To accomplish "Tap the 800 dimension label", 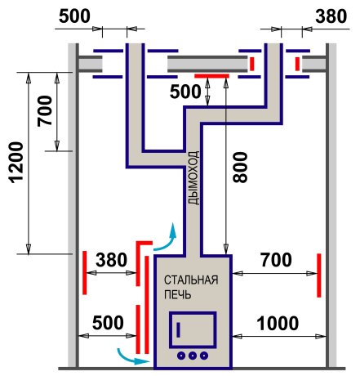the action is pos(241,168).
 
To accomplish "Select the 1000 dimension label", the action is pos(278,324).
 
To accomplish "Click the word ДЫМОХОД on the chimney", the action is pos(193,178).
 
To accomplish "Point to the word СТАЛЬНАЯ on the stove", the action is pos(191,280).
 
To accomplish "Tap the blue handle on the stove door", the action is pos(179,329).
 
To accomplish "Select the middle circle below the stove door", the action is pos(193,356).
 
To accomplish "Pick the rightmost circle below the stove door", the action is pos(204,356).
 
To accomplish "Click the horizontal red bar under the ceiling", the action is pos(211,76).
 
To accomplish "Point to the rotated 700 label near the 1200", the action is pos(45,110).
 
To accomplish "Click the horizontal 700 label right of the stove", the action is pos(276,260).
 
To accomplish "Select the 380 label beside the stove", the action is pos(111,260).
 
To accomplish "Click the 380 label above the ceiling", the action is pos(331,16).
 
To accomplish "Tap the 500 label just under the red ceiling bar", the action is pos(185,92).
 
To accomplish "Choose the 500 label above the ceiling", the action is pos(74,16).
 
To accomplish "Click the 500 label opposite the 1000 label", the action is pos(108,323).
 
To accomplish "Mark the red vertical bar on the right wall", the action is pos(319,275).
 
